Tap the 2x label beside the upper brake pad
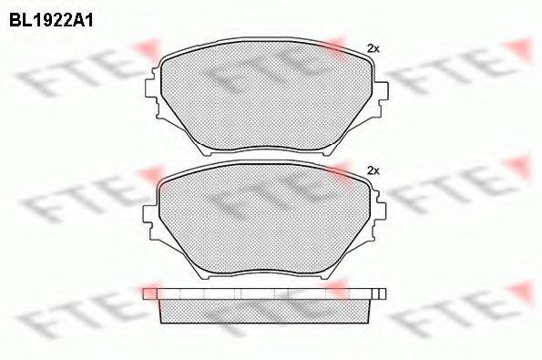[372, 47]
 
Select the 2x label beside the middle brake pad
[372, 170]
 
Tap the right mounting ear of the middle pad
[383, 215]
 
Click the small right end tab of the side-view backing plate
[383, 293]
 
